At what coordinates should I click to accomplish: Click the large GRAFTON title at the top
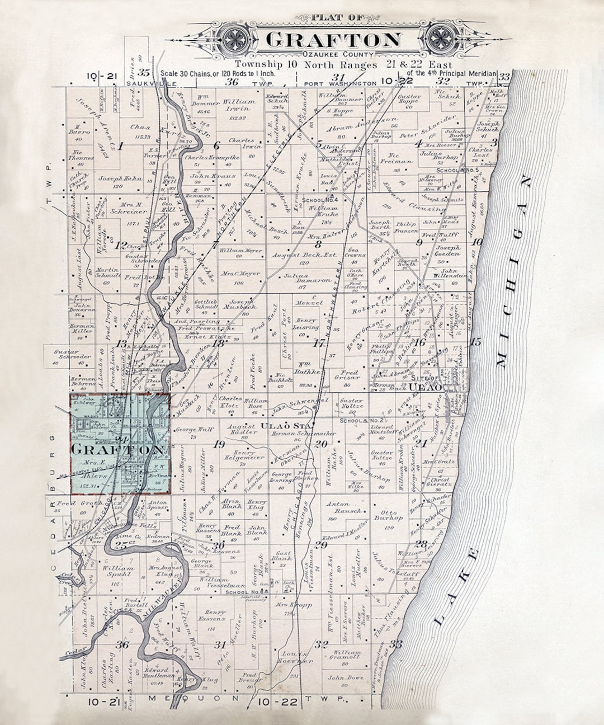333,40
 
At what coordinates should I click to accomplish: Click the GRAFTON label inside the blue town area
119,449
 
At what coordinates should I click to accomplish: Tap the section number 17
319,343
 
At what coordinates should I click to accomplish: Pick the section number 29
320,545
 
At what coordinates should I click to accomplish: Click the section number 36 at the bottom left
121,644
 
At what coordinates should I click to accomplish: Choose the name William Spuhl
117,571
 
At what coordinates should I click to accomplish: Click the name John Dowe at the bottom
345,678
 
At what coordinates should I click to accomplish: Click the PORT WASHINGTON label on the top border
340,83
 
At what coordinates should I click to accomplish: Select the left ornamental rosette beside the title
232,40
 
